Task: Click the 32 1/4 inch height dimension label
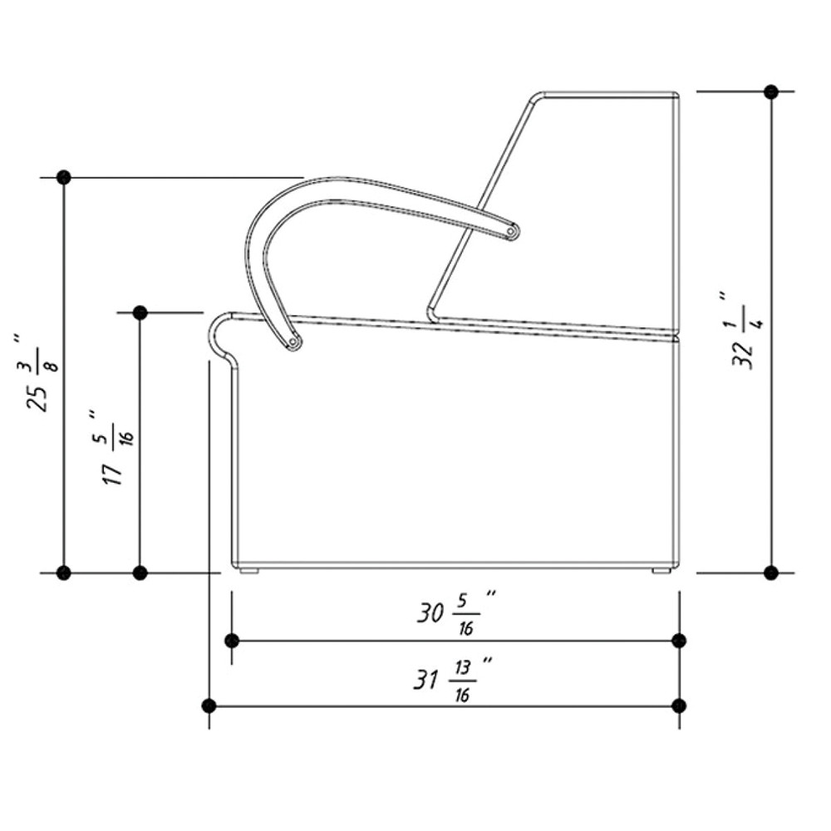tap(745, 330)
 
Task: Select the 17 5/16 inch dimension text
tap(116, 447)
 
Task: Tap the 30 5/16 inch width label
tap(456, 612)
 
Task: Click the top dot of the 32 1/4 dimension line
tap(771, 91)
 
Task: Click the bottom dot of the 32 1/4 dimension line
tap(771, 573)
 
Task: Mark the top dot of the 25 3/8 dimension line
tap(64, 177)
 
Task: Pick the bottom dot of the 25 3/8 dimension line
tap(64, 573)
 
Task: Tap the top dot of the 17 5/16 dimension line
tap(140, 312)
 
